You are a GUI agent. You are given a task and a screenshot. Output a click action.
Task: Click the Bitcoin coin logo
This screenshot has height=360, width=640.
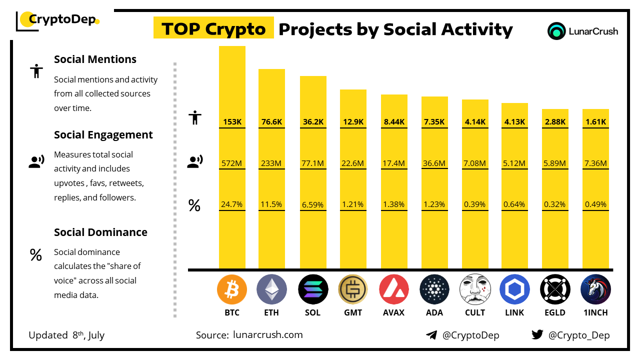pyautogui.click(x=232, y=289)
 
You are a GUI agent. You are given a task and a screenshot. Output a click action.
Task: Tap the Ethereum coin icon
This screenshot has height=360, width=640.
pyautogui.click(x=271, y=289)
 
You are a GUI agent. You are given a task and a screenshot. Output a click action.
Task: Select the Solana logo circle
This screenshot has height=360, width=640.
pyautogui.click(x=313, y=289)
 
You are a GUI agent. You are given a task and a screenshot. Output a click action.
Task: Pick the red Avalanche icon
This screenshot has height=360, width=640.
pyautogui.click(x=394, y=289)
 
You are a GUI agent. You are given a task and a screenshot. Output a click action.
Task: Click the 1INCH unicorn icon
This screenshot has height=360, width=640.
pyautogui.click(x=595, y=289)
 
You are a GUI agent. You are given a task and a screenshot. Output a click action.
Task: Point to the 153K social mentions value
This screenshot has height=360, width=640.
pyautogui.click(x=232, y=121)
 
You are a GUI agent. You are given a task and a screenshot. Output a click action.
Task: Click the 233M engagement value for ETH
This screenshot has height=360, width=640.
pyautogui.click(x=271, y=163)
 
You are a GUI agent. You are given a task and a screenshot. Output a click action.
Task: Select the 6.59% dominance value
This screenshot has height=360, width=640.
pyautogui.click(x=313, y=204)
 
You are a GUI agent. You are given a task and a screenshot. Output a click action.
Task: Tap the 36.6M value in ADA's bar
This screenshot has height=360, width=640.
pyautogui.click(x=434, y=163)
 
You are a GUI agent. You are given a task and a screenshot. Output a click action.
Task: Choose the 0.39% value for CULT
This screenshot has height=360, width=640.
pyautogui.click(x=475, y=204)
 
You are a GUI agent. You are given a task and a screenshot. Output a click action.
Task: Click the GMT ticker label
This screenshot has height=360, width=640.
pyautogui.click(x=353, y=313)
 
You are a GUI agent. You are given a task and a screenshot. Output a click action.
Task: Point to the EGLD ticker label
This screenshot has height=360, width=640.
pyautogui.click(x=555, y=313)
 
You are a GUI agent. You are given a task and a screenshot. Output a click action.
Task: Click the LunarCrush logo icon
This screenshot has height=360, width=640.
pyautogui.click(x=556, y=31)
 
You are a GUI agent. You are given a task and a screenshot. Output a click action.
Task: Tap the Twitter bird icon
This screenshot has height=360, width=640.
pyautogui.click(x=537, y=335)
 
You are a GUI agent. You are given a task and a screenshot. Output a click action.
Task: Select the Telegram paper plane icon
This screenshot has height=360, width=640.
pyautogui.click(x=431, y=335)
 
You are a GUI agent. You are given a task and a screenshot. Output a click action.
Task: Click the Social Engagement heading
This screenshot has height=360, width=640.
pyautogui.click(x=103, y=135)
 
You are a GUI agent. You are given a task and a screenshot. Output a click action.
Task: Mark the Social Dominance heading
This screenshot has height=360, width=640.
pyautogui.click(x=100, y=232)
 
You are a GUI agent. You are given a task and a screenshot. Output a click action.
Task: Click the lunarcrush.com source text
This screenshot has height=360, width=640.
pyautogui.click(x=267, y=335)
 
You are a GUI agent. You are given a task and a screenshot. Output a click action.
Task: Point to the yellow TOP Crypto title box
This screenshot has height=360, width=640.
pyautogui.click(x=213, y=29)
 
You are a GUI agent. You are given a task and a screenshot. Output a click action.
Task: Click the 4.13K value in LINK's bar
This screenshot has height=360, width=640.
pyautogui.click(x=515, y=121)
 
